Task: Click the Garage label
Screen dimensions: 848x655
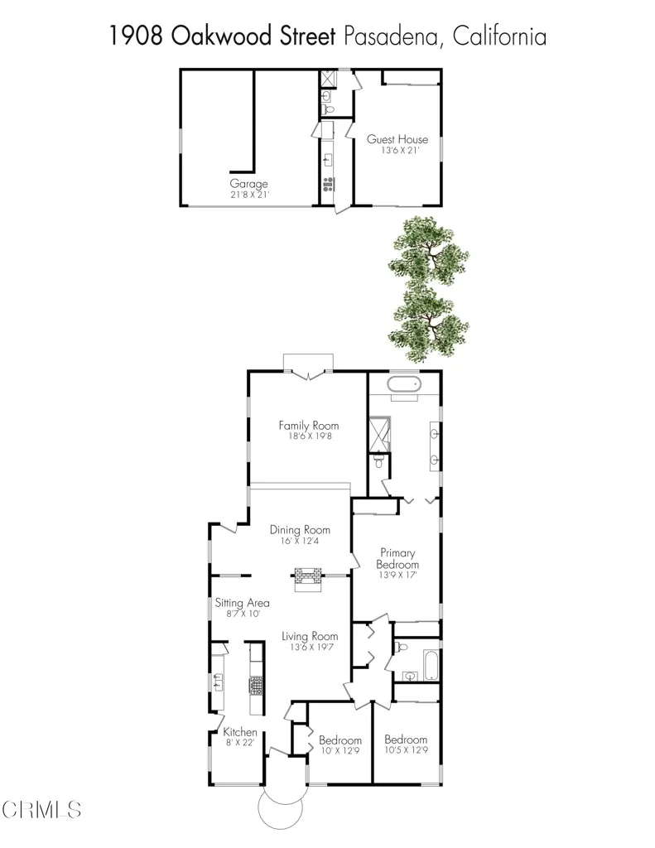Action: [248, 184]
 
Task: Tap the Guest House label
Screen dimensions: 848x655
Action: [397, 139]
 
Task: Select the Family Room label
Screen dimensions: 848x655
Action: [308, 426]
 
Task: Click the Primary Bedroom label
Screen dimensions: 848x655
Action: [397, 558]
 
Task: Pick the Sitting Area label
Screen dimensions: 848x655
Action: [243, 603]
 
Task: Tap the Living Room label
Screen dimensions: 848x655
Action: [310, 636]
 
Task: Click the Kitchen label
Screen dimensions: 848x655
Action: [240, 732]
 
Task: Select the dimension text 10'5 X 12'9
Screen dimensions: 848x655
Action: [406, 751]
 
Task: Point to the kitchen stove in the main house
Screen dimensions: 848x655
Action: [257, 685]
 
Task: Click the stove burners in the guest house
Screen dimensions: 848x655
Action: [330, 184]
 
